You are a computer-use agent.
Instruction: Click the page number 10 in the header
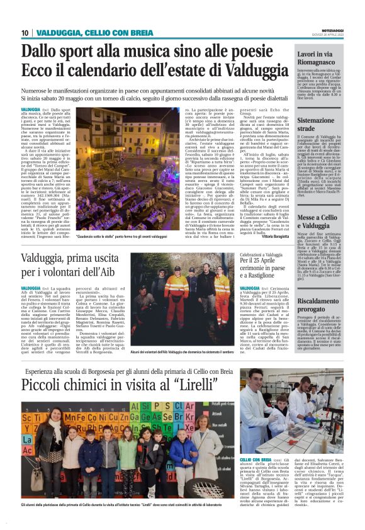point(25,33)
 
